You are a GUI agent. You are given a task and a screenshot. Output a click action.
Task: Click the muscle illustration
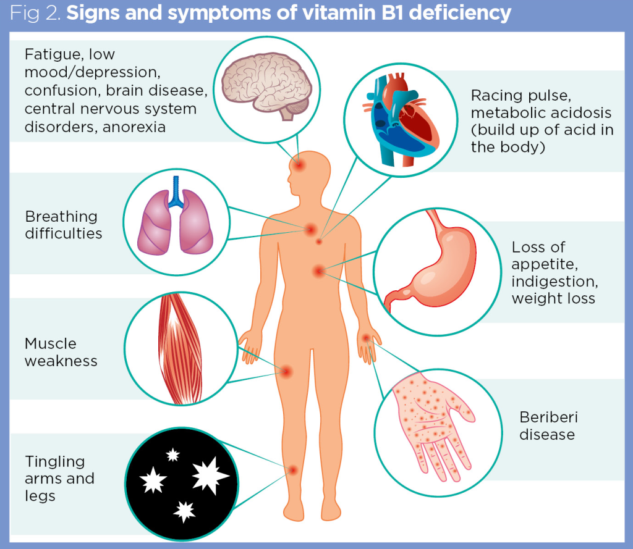click(182, 350)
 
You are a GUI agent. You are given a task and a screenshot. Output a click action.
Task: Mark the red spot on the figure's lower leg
click(293, 470)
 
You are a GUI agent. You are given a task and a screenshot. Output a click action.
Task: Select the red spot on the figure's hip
click(286, 371)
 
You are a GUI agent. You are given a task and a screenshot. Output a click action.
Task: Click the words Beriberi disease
click(547, 425)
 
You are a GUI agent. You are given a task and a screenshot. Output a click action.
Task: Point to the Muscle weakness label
click(61, 352)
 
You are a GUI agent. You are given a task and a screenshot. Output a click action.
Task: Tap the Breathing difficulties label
click(63, 225)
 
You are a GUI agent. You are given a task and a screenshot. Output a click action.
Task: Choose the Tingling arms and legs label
click(59, 479)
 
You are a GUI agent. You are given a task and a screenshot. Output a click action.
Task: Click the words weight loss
click(553, 298)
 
